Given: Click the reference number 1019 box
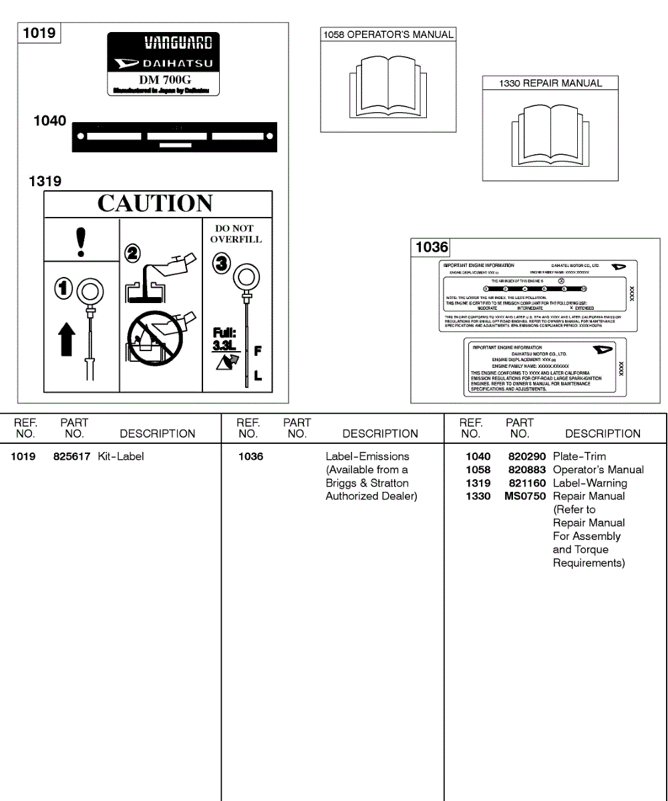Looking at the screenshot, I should click(39, 33).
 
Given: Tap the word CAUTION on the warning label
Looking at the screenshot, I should click(155, 204).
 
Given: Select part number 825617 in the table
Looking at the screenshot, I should click(71, 457).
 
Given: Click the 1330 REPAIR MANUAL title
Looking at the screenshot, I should click(550, 83).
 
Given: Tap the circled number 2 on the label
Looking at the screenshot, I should click(133, 252).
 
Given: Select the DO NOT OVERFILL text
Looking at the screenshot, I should click(236, 234).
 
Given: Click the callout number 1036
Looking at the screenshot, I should click(432, 247).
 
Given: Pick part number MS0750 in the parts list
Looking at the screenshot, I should click(525, 497).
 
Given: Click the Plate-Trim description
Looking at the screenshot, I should click(579, 457).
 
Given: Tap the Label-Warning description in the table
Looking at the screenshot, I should click(590, 483).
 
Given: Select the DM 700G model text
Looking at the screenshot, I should click(164, 79).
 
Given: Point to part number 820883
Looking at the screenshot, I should click(527, 470).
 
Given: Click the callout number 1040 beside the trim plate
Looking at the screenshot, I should click(50, 121).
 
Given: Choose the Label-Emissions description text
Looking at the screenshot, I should click(367, 457).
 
